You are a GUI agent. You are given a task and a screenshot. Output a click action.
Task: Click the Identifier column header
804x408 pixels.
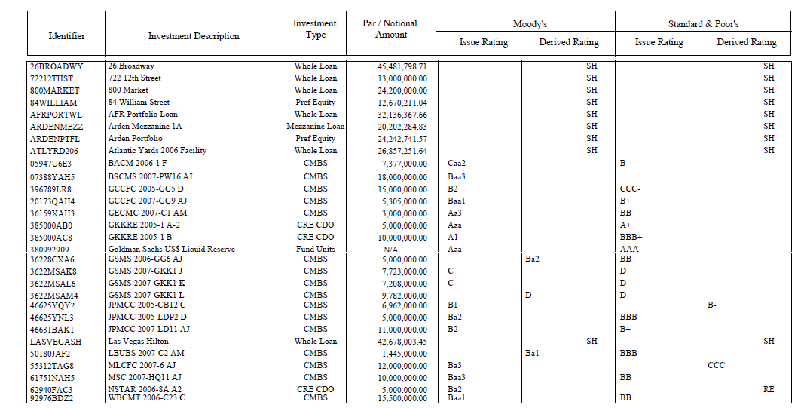pos(66,36)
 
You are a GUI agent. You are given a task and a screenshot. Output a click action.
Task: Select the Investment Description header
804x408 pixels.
pos(194,36)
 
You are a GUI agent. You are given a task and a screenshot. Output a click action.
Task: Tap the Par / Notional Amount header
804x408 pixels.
pos(390,29)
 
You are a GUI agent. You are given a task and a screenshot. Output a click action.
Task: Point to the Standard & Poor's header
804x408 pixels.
pos(703,23)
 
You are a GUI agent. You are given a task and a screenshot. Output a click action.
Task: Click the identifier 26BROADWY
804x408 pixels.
pos(57,66)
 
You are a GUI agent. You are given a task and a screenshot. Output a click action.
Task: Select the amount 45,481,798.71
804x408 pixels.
pos(402,66)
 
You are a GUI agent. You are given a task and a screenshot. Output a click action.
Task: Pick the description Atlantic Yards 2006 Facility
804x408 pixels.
pos(157,151)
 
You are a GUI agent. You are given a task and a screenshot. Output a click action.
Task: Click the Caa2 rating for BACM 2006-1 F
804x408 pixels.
pos(457,163)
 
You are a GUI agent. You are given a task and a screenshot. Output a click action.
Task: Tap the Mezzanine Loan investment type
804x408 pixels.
pos(315,127)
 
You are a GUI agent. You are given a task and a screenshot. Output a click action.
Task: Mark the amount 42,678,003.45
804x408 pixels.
pos(402,342)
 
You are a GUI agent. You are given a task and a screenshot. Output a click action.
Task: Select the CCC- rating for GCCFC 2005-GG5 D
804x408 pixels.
pos(631,189)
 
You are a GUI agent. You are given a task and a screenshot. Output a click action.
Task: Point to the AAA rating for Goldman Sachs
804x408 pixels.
pos(628,249)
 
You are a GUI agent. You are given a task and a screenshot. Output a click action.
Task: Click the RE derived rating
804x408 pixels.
pos(768,389)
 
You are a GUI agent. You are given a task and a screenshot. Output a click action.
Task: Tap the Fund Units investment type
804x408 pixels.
pos(315,249)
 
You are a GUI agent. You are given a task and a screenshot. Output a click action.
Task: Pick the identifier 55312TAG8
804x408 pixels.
pos(52,366)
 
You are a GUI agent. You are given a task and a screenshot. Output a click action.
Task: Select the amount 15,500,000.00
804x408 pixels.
pos(402,397)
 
